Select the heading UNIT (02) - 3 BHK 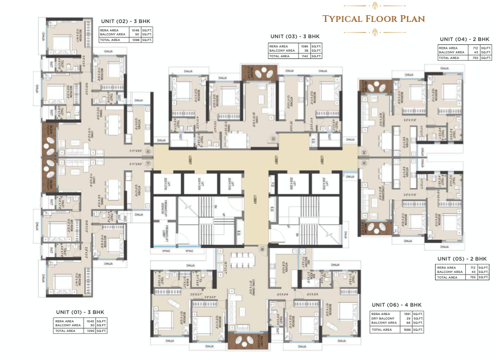pos(126,21)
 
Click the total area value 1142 pos(305,56)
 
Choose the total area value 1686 pos(406,330)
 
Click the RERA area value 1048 pos(135,30)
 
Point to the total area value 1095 pos(90,331)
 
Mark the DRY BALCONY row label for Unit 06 pos(381,318)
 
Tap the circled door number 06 pos(261,248)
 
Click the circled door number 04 pos(363,152)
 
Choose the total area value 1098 pos(135,40)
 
